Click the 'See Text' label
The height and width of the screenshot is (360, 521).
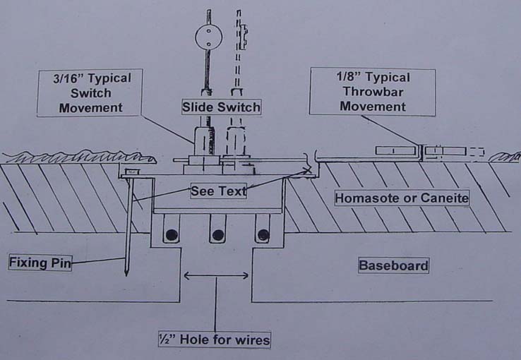tap(218, 191)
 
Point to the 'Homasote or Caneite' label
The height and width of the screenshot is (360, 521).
tap(402, 198)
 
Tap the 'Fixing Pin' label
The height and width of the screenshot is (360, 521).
tap(40, 263)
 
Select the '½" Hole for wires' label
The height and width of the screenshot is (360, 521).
tap(215, 340)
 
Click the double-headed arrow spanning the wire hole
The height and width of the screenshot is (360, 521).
tap(216, 275)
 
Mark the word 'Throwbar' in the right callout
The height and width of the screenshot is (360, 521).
tap(373, 92)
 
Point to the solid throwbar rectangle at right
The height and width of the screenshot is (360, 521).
tap(397, 150)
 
